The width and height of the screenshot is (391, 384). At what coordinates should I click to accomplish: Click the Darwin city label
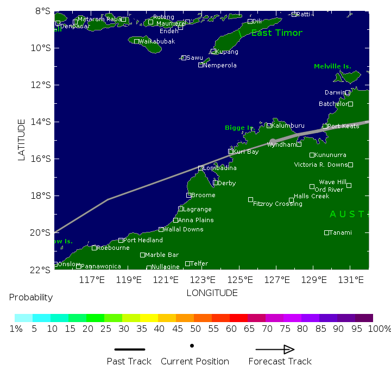tap(335, 93)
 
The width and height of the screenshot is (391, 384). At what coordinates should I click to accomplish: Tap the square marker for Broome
tap(189, 195)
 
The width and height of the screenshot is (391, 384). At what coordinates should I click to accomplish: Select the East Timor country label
tap(276, 33)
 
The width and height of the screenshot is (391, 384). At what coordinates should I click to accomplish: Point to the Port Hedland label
tap(143, 240)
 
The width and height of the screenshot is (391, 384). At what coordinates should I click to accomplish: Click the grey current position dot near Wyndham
tap(273, 142)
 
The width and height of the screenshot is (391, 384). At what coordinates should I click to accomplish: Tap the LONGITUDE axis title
tap(212, 293)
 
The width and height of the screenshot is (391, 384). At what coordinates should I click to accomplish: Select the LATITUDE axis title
tap(22, 140)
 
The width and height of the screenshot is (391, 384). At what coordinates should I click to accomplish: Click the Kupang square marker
tap(213, 52)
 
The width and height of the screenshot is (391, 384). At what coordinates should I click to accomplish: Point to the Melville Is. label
tap(332, 66)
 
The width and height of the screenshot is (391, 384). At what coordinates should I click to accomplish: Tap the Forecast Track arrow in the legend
tap(275, 350)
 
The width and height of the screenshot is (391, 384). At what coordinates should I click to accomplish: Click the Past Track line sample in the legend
tap(129, 350)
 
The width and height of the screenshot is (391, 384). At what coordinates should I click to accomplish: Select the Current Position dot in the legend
tap(192, 345)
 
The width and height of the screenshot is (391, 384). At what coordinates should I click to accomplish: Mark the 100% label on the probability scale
tap(380, 329)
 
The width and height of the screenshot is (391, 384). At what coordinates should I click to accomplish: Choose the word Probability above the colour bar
tap(31, 297)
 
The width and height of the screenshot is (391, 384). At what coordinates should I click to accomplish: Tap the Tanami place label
tap(340, 232)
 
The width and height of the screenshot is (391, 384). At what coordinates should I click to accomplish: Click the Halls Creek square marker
tap(292, 200)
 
